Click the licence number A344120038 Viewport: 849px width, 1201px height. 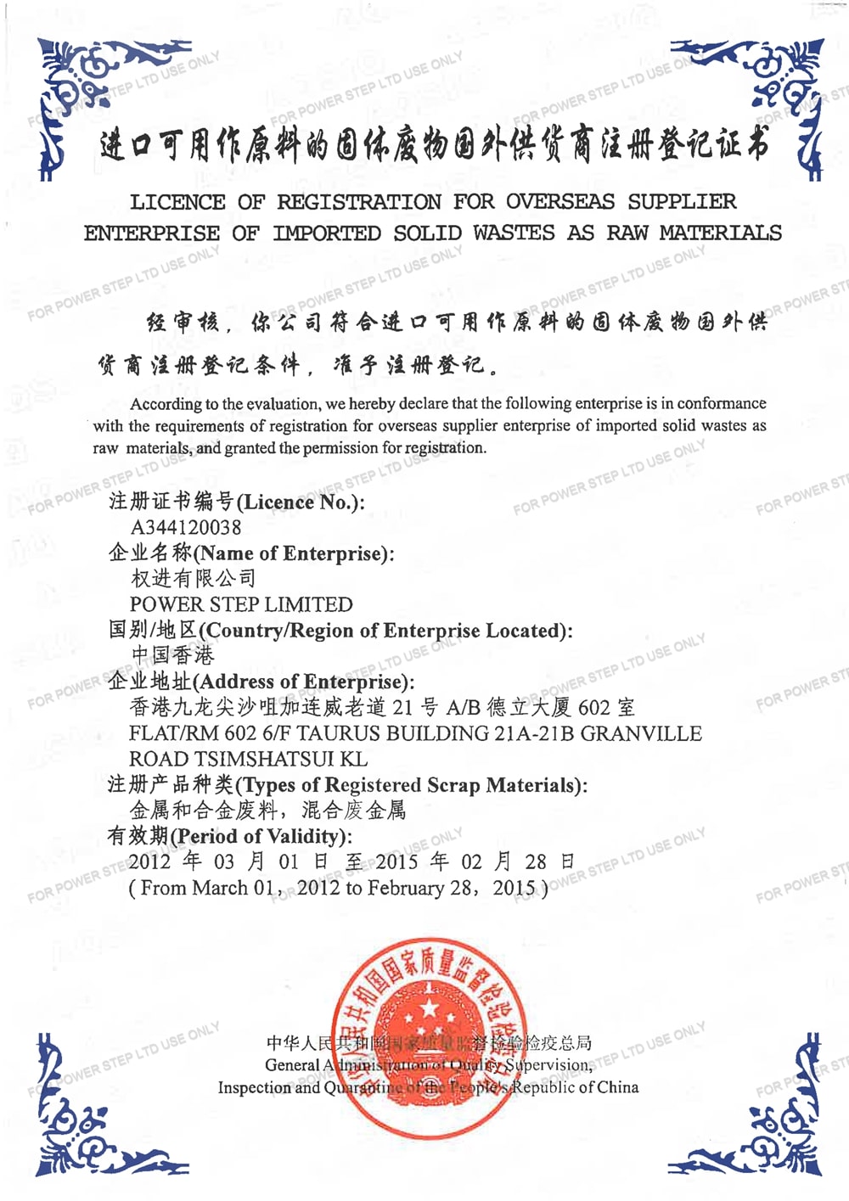tap(186, 527)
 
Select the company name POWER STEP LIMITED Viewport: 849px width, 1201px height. tap(241, 604)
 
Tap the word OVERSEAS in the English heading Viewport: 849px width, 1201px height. tap(560, 202)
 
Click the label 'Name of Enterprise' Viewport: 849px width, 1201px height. tap(293, 553)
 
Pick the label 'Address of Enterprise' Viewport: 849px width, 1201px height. tap(303, 682)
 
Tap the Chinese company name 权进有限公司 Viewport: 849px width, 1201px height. tap(194, 579)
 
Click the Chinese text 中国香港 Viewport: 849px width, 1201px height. tap(173, 655)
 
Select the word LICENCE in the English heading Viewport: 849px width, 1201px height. tap(177, 202)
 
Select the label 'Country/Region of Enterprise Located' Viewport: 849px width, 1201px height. tap(386, 630)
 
